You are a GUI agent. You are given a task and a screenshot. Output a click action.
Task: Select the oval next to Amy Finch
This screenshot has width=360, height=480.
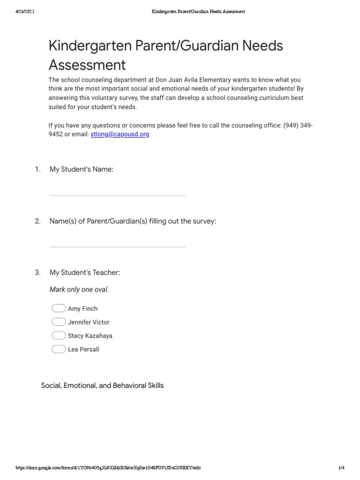coord(59,308)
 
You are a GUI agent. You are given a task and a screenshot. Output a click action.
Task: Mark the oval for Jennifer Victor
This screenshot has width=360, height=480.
coord(59,322)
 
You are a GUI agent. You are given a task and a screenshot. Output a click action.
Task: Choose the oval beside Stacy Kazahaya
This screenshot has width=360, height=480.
coord(59,336)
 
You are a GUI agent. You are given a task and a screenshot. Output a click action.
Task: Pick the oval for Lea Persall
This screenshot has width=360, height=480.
coord(59,349)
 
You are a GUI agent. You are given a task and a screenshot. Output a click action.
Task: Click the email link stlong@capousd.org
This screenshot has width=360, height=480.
coord(120,134)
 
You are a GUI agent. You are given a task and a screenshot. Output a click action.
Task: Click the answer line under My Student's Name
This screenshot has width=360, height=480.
coord(117,195)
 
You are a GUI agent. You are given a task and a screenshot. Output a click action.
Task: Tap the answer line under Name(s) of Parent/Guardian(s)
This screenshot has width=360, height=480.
coord(117,246)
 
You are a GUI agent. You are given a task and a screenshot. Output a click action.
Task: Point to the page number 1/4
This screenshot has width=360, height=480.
coord(341,468)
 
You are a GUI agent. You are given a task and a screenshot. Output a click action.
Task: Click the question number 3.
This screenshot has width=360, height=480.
coord(37,272)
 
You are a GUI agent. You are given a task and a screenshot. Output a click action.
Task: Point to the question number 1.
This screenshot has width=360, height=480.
coord(37,169)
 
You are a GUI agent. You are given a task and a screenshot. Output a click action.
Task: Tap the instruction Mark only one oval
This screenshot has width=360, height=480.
coord(79,290)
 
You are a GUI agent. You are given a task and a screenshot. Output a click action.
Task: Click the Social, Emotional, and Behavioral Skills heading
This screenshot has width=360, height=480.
coord(102,386)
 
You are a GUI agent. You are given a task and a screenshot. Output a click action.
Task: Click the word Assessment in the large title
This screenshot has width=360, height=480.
coord(87,64)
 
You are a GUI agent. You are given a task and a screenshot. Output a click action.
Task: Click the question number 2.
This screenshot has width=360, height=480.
coord(37,221)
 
